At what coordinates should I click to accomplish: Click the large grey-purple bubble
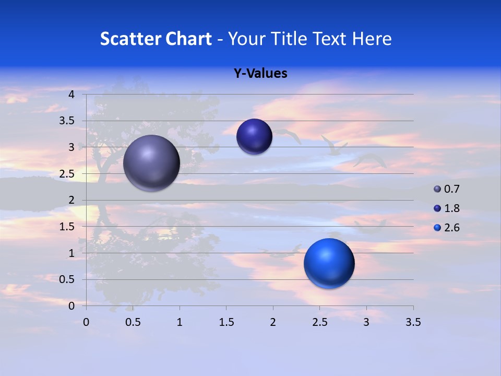(151, 162)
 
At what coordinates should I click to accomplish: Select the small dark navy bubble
(254, 136)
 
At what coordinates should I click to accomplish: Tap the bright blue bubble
(329, 263)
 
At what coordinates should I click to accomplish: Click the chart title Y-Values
(260, 74)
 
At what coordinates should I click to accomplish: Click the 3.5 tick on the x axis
(413, 322)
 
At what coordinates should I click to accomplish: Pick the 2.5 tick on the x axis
(319, 322)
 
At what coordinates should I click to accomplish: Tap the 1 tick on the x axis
(180, 322)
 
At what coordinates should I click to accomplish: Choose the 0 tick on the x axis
(86, 322)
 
